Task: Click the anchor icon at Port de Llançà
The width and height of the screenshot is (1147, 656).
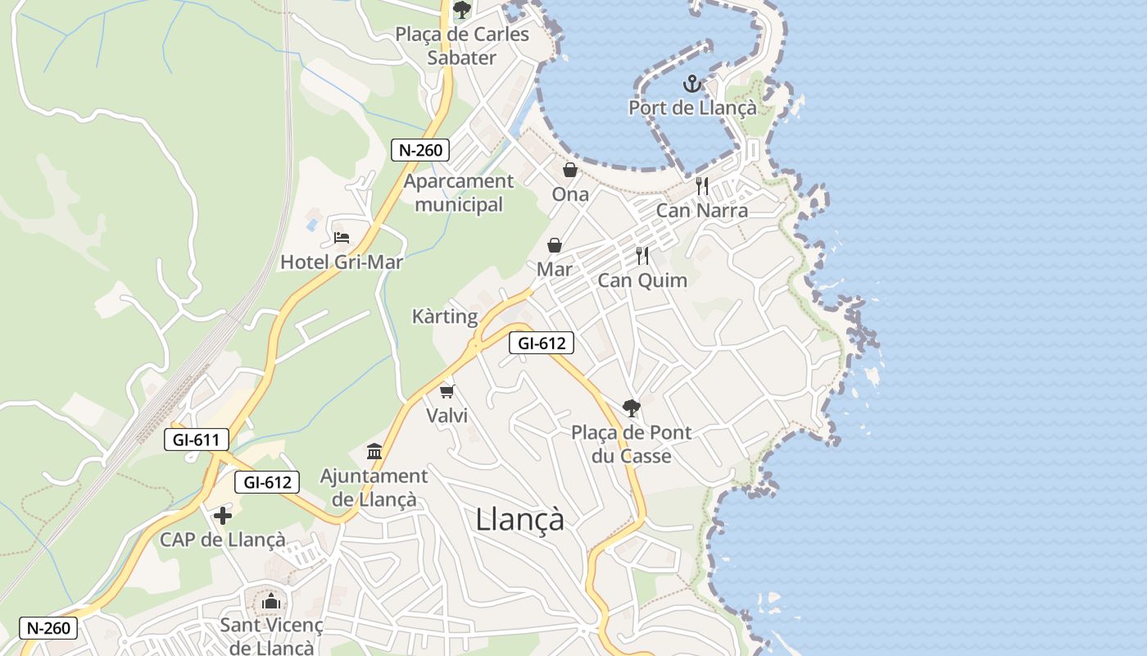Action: (692, 83)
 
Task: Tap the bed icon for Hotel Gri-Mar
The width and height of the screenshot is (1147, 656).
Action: (342, 238)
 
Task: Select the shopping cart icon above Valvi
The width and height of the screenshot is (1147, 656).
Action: (447, 391)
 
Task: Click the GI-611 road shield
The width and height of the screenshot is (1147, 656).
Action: (197, 440)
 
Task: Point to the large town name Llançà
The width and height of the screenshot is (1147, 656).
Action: (520, 519)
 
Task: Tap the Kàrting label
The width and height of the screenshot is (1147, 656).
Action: (445, 317)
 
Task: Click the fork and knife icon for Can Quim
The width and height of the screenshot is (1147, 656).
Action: (642, 256)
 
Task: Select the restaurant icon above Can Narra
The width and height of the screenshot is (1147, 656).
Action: (702, 186)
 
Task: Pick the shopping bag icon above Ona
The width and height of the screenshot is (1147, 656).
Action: (569, 170)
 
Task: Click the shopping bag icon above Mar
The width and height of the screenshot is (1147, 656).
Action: (555, 245)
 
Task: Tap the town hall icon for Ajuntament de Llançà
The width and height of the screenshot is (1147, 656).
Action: (375, 451)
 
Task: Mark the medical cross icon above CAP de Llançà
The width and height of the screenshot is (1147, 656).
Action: (222, 516)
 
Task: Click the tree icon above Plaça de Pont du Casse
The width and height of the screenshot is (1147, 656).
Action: (631, 408)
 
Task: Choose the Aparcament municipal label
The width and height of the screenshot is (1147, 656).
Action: (459, 193)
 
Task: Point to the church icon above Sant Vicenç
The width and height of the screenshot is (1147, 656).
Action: (271, 601)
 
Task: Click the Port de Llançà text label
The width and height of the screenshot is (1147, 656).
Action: (692, 107)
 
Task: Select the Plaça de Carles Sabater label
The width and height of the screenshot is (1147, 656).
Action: (462, 46)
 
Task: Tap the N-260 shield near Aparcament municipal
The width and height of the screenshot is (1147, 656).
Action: (420, 150)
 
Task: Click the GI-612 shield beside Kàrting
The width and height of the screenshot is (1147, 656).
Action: (541, 344)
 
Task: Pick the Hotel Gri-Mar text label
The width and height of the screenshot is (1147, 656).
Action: (342, 262)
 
